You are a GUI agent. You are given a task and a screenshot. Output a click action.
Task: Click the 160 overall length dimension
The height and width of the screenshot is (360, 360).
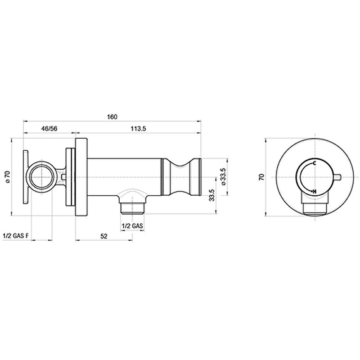(112, 117)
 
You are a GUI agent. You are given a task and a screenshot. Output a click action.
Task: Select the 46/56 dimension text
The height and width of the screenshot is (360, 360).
(49, 128)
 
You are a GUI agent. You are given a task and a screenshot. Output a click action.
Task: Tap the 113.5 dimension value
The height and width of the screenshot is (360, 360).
(138, 128)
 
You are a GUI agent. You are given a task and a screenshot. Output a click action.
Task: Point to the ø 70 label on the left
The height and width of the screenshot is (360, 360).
(8, 177)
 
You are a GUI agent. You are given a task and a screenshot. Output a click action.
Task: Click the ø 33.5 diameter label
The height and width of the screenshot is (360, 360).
(224, 177)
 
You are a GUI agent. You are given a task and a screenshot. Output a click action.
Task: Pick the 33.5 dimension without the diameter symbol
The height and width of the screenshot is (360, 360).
(211, 195)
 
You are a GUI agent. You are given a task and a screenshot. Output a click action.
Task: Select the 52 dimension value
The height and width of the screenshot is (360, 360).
(104, 236)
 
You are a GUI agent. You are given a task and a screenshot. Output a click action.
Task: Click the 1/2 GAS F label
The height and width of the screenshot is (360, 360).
(16, 236)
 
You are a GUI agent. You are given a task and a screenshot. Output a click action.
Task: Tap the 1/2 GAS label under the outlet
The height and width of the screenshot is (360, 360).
(132, 226)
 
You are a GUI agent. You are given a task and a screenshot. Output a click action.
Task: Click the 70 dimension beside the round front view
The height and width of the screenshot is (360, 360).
(262, 177)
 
